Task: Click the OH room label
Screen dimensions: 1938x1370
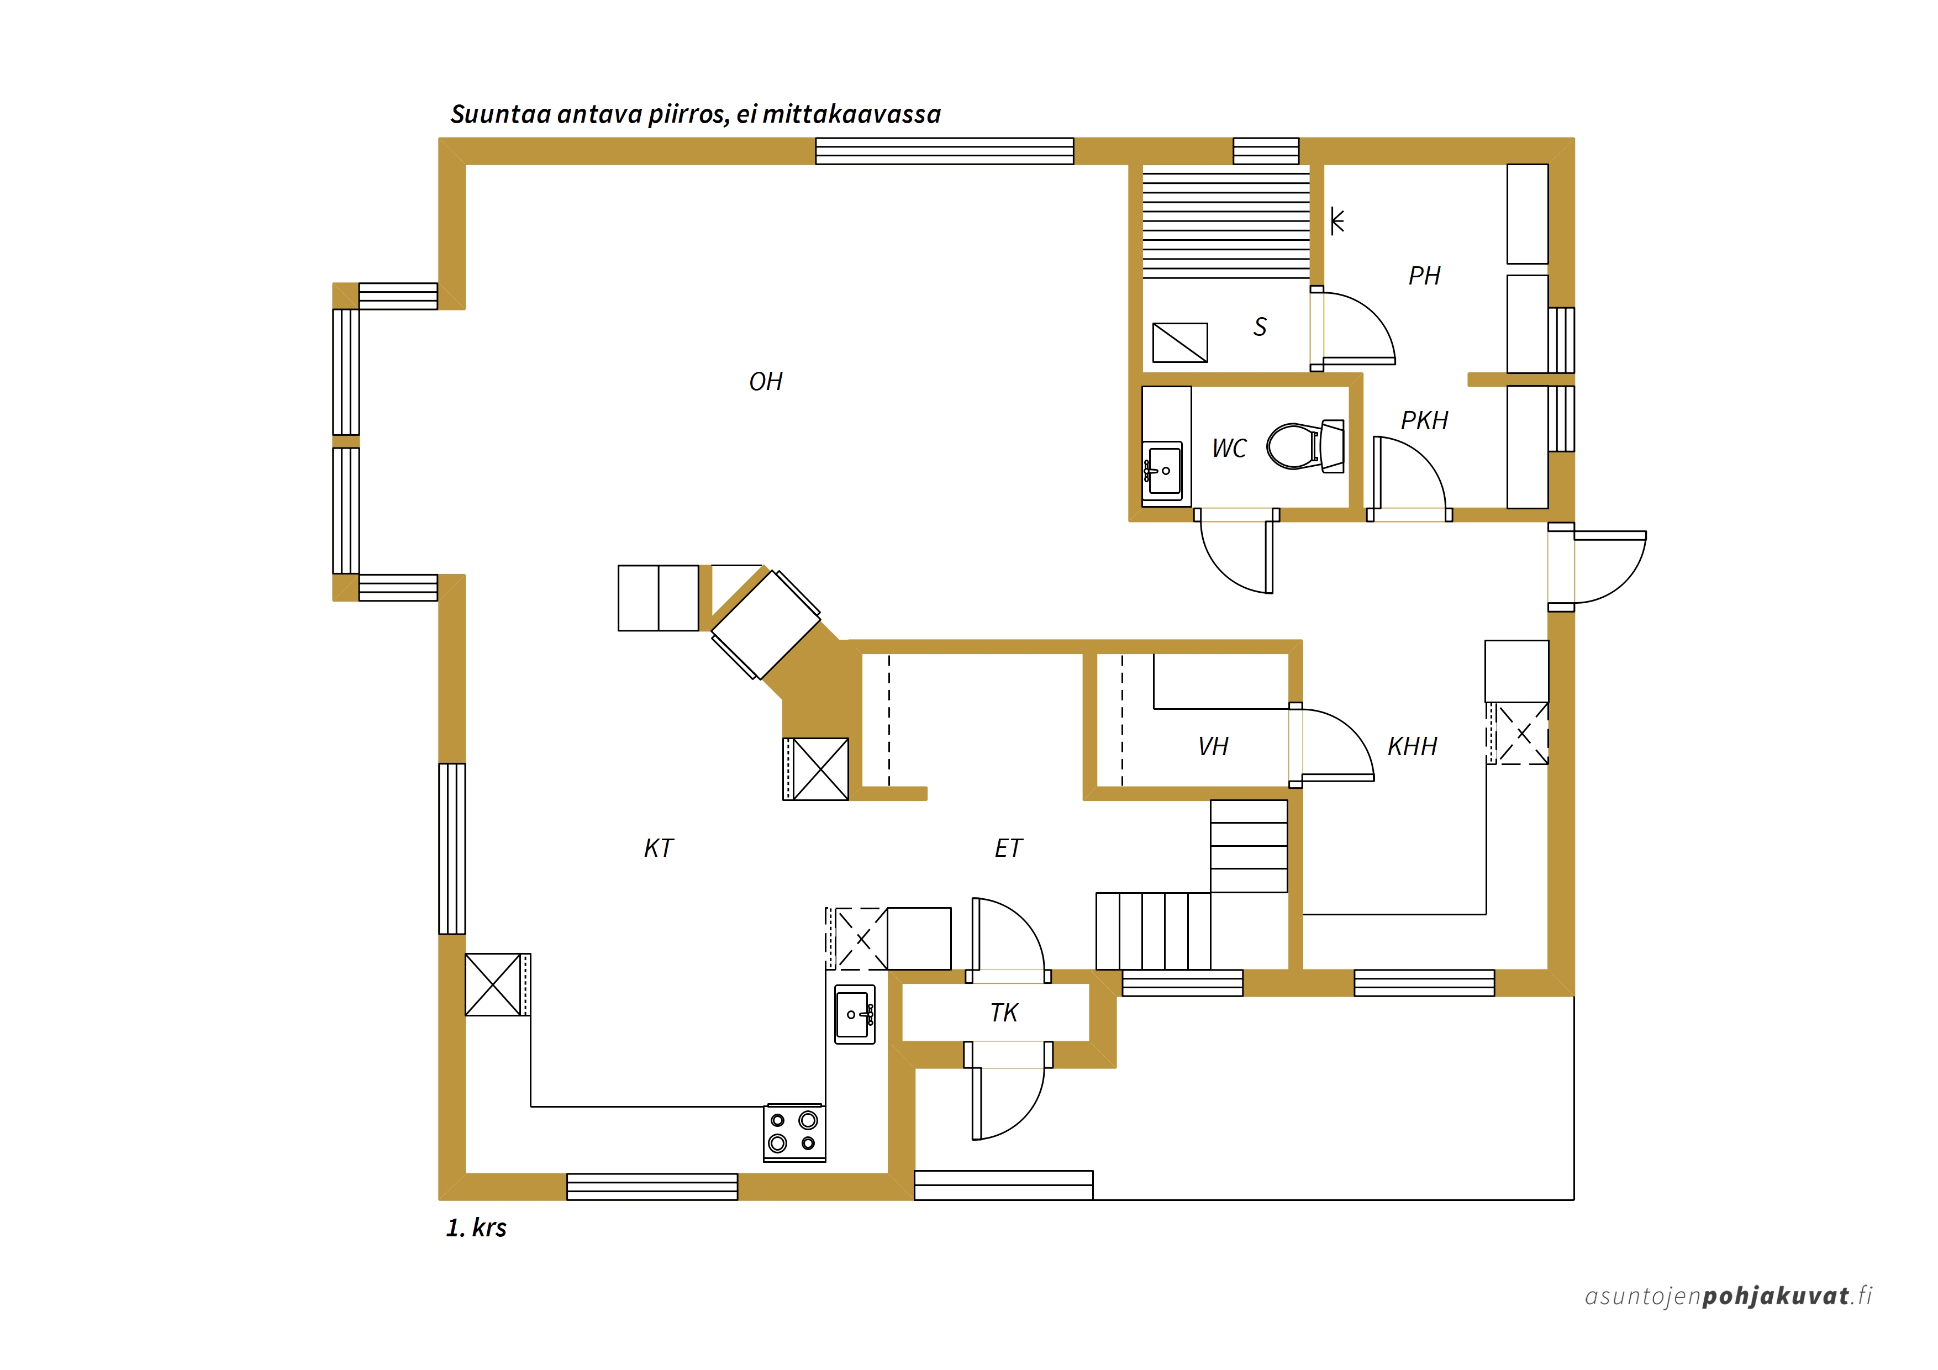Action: pyautogui.click(x=766, y=382)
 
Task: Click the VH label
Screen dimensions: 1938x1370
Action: pyautogui.click(x=1213, y=746)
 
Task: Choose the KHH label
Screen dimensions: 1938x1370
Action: pyautogui.click(x=1412, y=746)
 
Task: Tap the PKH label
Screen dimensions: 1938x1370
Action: pyautogui.click(x=1424, y=420)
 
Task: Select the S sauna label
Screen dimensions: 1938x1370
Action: pyautogui.click(x=1260, y=326)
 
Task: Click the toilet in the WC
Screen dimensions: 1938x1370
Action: pyautogui.click(x=1305, y=446)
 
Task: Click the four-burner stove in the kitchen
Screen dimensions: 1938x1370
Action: pyautogui.click(x=794, y=1132)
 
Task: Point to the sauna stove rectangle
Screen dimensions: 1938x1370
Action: pyautogui.click(x=1180, y=342)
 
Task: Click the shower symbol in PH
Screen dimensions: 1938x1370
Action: pyautogui.click(x=1336, y=221)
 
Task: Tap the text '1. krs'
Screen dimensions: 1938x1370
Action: pyautogui.click(x=476, y=1227)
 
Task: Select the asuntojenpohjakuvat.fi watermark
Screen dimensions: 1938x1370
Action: pyautogui.click(x=1728, y=1296)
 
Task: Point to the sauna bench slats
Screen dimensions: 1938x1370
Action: pyautogui.click(x=1225, y=221)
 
